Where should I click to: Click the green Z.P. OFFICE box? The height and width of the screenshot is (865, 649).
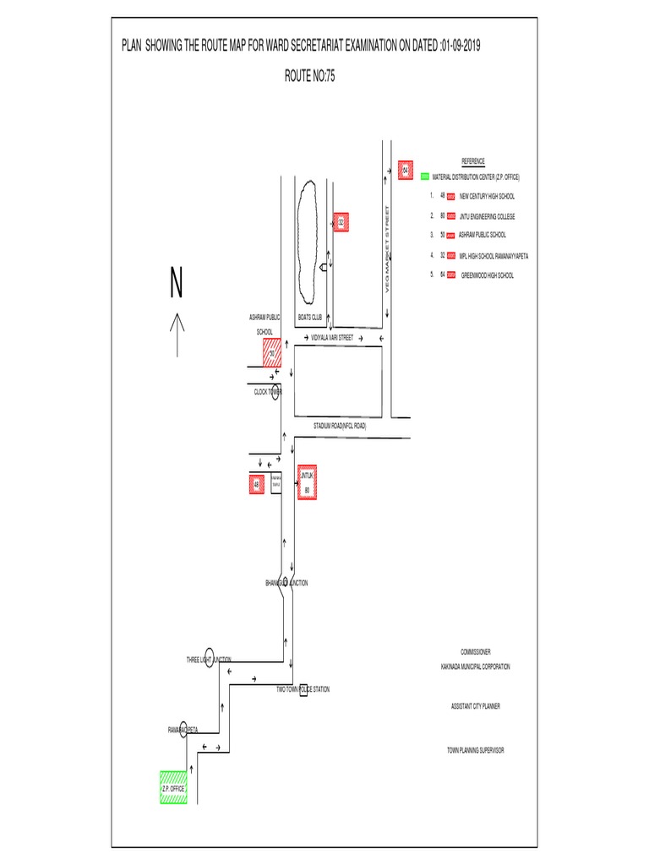click(173, 787)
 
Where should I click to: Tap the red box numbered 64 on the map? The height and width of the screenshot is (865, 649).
click(405, 171)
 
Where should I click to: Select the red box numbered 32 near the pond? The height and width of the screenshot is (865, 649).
click(341, 222)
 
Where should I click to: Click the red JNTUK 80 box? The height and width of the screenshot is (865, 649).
click(306, 482)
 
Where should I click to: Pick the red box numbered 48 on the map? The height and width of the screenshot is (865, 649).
click(256, 485)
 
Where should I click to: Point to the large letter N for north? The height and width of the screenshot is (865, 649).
click(176, 284)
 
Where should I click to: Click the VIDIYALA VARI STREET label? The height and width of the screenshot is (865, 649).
click(331, 337)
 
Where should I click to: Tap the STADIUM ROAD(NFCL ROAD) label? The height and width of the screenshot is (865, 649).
click(340, 427)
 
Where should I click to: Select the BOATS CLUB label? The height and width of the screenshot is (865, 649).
click(310, 318)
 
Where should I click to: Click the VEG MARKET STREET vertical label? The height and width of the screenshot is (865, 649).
click(387, 249)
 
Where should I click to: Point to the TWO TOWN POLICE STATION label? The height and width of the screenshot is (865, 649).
click(303, 689)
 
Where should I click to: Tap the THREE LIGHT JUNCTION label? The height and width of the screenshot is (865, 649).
click(209, 659)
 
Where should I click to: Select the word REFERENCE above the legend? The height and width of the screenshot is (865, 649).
click(472, 160)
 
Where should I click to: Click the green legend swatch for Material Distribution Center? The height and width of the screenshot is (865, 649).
click(424, 177)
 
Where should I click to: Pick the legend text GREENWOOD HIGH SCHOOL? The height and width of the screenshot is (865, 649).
click(487, 275)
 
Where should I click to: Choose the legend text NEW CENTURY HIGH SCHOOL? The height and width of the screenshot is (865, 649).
click(487, 196)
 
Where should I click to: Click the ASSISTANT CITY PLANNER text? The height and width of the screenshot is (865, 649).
click(475, 706)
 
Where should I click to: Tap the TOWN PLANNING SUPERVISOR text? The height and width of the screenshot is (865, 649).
click(475, 750)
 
